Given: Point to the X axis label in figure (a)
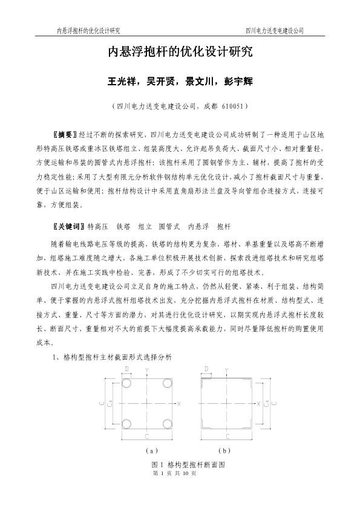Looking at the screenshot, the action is (x=179, y=403).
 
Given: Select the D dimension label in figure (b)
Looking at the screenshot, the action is (x=206, y=368).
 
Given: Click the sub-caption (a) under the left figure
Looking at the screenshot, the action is (x=152, y=450).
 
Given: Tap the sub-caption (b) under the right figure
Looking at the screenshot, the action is (x=225, y=450).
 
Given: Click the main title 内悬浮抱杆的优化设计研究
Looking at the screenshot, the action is (x=180, y=53).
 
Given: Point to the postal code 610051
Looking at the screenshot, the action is (x=230, y=105).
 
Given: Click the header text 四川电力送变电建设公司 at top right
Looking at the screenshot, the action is (x=274, y=30).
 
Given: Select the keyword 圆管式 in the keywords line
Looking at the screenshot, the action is (x=170, y=226).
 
